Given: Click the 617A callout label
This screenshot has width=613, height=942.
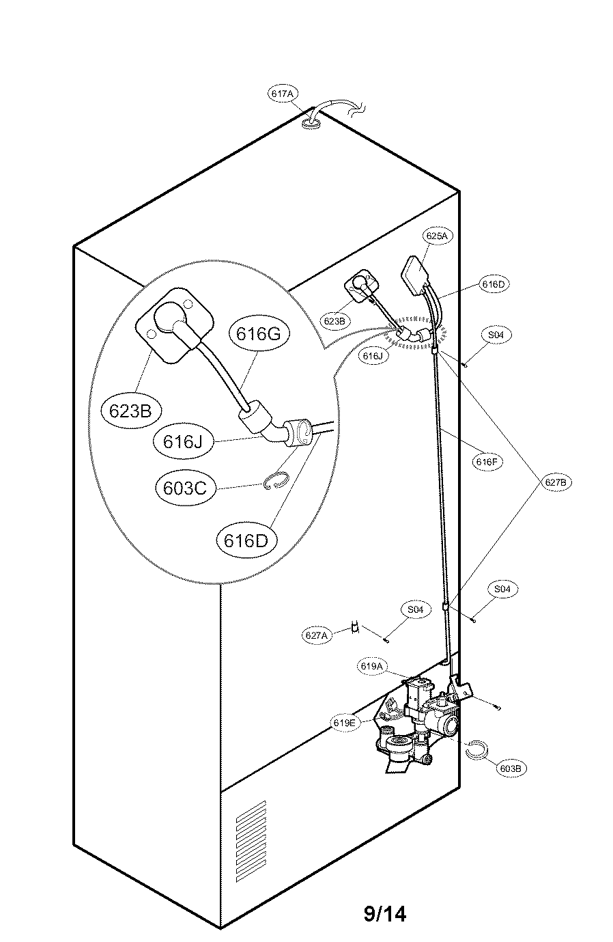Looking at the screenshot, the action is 283,94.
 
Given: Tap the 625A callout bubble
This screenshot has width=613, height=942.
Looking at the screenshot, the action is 436,236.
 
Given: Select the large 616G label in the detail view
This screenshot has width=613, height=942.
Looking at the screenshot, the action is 258,334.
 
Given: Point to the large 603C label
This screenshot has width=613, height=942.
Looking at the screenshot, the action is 185,488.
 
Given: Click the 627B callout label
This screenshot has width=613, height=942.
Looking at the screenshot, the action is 556,482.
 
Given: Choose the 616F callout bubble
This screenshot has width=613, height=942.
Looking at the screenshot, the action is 487,462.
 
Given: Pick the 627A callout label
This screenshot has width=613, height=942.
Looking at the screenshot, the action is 316,635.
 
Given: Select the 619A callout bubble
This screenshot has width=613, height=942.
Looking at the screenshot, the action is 372,666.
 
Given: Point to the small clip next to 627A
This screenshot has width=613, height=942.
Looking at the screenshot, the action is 356,628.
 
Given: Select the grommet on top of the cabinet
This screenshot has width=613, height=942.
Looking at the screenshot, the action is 311,123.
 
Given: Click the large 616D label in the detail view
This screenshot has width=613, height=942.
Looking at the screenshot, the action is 246,540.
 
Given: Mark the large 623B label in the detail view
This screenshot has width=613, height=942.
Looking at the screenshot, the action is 130,410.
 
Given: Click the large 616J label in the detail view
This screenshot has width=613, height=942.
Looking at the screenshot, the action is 183,441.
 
